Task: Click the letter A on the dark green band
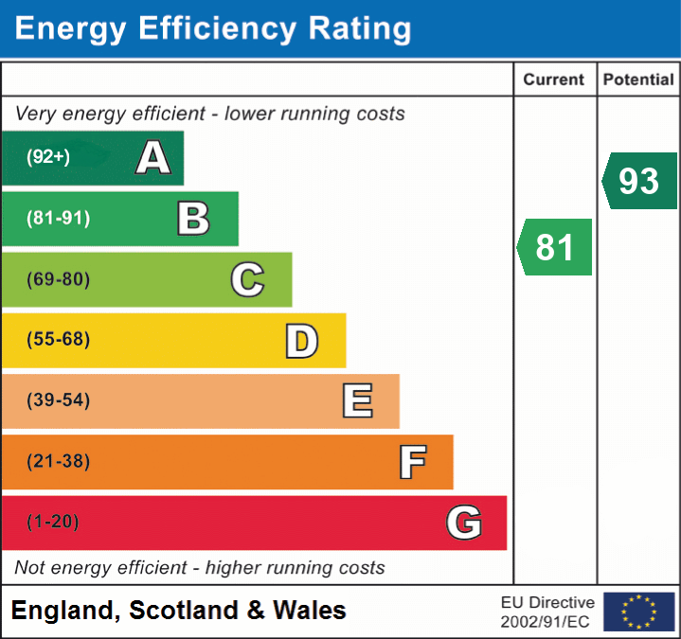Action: pyautogui.click(x=153, y=158)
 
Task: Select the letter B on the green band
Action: pyautogui.click(x=193, y=219)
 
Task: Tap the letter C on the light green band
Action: pyautogui.click(x=247, y=279)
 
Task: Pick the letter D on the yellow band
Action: pyautogui.click(x=301, y=341)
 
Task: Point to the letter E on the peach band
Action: pyautogui.click(x=357, y=401)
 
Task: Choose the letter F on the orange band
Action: pyautogui.click(x=412, y=462)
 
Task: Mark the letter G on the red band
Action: pyautogui.click(x=464, y=523)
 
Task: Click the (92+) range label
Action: pyautogui.click(x=48, y=157)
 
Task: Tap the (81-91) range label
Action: pyautogui.click(x=58, y=219)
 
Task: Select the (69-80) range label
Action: pyautogui.click(x=58, y=279)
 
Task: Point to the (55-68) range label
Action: pyautogui.click(x=58, y=340)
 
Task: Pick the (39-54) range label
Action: pyautogui.click(x=58, y=400)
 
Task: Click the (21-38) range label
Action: pyautogui.click(x=58, y=462)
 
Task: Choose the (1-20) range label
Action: pyautogui.click(x=53, y=523)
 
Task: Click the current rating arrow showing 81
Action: pyautogui.click(x=555, y=247)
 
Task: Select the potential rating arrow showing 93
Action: pyautogui.click(x=639, y=181)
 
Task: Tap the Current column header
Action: pyautogui.click(x=555, y=80)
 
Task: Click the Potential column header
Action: pyautogui.click(x=638, y=80)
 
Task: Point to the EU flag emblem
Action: pyautogui.click(x=638, y=612)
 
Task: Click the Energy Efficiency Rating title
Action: pyautogui.click(x=213, y=29)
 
